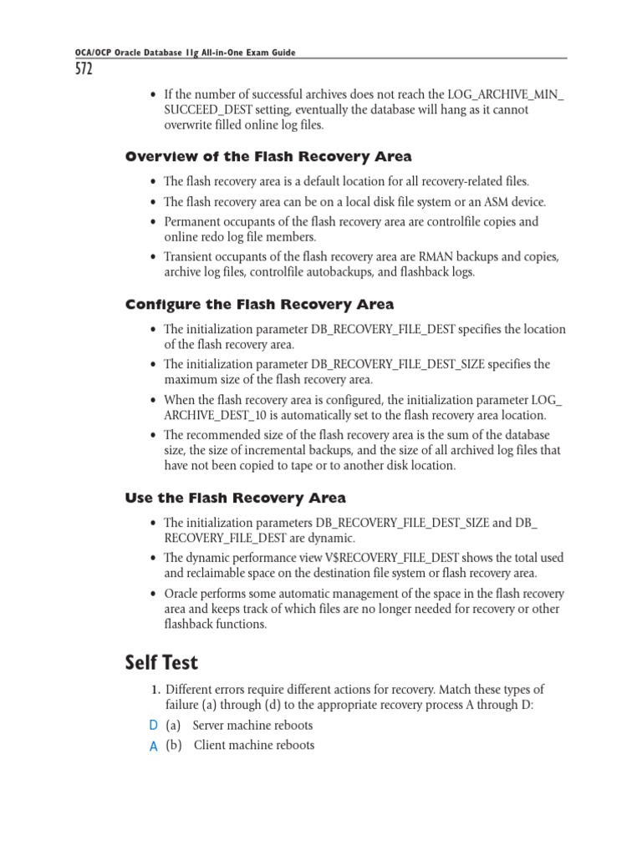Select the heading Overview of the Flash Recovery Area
pyautogui.click(x=268, y=157)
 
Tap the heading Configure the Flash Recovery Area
pyautogui.click(x=259, y=304)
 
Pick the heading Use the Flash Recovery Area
pyautogui.click(x=235, y=498)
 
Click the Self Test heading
pyautogui.click(x=161, y=662)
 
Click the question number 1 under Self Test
pyautogui.click(x=155, y=690)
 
